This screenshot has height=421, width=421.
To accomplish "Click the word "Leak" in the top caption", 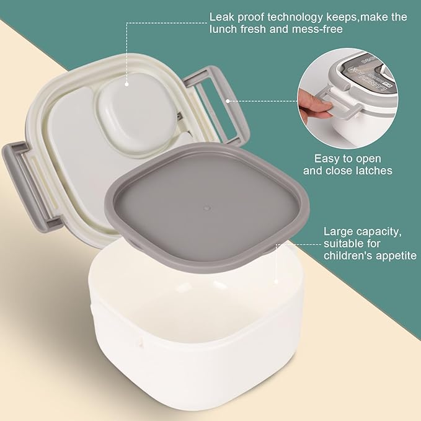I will click(x=221, y=17).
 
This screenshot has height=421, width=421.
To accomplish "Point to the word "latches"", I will click(x=372, y=171).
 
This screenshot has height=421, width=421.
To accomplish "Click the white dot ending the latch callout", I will click(x=228, y=100).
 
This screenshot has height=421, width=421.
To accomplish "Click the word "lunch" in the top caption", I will click(x=223, y=29).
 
